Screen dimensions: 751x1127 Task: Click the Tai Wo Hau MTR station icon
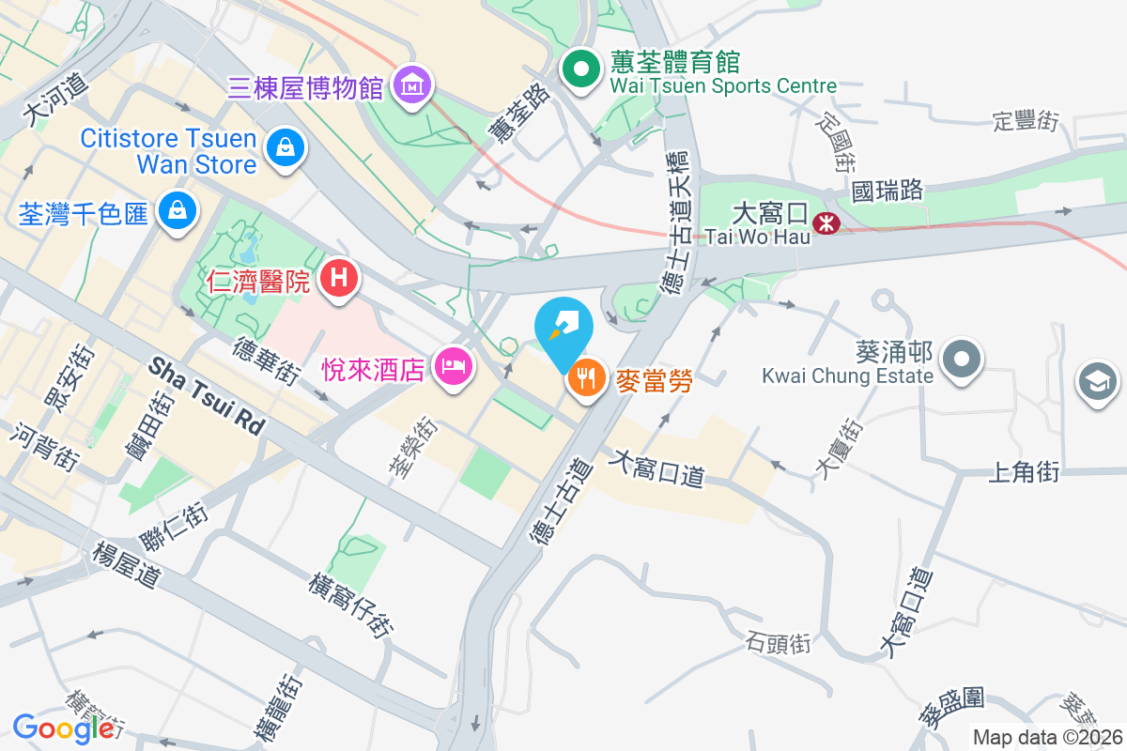pos(826,223)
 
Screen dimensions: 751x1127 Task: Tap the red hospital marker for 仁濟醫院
pos(340,278)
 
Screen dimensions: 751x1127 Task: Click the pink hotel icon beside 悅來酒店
pos(454,366)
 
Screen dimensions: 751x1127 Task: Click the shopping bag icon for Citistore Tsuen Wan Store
pos(283,147)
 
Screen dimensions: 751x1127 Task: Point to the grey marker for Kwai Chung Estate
pos(962,360)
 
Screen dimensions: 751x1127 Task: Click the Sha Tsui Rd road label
pos(207,398)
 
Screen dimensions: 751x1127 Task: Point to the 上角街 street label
pos(1023,471)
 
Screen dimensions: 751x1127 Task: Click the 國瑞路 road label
pos(887,190)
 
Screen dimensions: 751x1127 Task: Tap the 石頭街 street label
pos(778,644)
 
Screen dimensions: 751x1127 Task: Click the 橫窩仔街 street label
pos(351,605)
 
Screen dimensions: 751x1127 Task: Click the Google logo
pos(63,728)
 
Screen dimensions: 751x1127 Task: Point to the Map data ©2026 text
pos(1047,738)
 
